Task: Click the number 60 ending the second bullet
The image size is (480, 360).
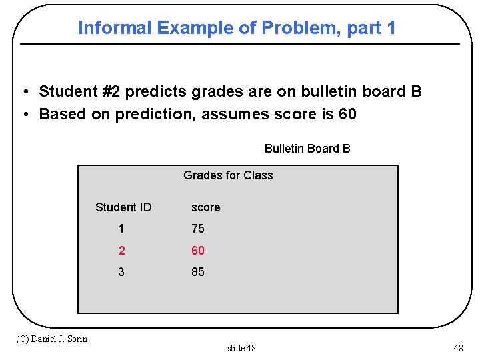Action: click(347, 114)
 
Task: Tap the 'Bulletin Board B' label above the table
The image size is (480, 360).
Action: click(307, 149)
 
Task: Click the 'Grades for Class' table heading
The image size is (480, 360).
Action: click(228, 175)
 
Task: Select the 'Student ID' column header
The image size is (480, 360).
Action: click(123, 207)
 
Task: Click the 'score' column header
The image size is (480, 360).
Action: click(205, 207)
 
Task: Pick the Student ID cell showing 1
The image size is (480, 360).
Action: click(121, 229)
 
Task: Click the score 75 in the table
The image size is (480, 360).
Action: click(198, 229)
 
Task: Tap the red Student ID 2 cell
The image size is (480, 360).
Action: click(121, 251)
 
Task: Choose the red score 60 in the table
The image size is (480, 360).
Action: click(198, 251)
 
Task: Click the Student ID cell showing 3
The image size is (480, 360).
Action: click(121, 272)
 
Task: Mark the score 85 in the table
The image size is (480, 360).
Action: click(198, 272)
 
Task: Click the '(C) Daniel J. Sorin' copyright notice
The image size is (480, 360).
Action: click(51, 339)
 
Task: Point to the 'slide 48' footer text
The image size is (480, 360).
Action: click(241, 348)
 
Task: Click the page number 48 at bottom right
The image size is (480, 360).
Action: click(458, 348)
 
